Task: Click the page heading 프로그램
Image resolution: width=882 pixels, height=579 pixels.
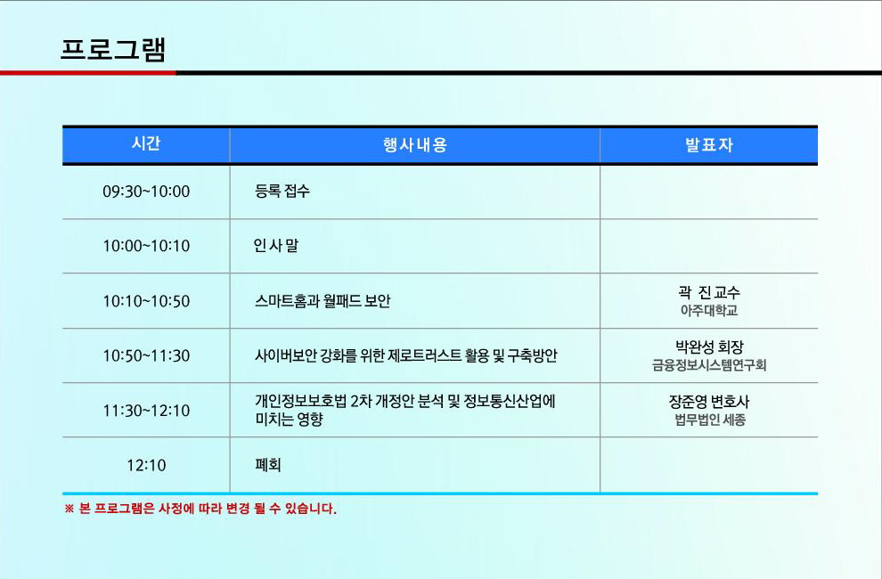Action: coord(113,50)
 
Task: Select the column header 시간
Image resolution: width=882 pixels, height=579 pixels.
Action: coord(146,143)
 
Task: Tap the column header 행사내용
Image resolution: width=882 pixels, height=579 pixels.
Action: coord(415,145)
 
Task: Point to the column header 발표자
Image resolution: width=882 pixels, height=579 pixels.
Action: coord(709,145)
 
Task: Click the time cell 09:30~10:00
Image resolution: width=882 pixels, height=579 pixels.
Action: coord(146,192)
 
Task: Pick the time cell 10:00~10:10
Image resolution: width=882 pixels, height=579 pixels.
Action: coord(146,246)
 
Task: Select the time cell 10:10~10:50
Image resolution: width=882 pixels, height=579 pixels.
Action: coord(146,301)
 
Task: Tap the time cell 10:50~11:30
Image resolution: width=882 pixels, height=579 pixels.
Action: coord(146,355)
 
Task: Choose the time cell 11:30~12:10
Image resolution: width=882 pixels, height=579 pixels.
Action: coord(146,410)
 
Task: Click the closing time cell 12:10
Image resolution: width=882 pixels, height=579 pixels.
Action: coord(146,465)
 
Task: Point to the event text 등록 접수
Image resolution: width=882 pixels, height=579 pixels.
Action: coord(282,191)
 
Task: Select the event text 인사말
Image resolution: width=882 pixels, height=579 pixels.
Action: coord(275,245)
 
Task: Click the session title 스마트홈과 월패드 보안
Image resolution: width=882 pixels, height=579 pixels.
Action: coord(323,300)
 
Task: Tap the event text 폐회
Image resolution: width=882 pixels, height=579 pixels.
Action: coord(268,465)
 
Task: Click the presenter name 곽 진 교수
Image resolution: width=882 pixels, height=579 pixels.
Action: coord(709,292)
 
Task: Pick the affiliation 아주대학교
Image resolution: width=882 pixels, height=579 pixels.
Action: coord(709,310)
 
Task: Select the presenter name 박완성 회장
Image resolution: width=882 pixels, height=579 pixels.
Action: coord(709,347)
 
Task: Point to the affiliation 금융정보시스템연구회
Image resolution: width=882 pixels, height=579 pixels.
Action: coord(709,365)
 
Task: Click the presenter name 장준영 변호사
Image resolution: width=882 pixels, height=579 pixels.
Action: coord(709,401)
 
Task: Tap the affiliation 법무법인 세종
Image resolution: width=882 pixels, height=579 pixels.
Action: coord(710,420)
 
